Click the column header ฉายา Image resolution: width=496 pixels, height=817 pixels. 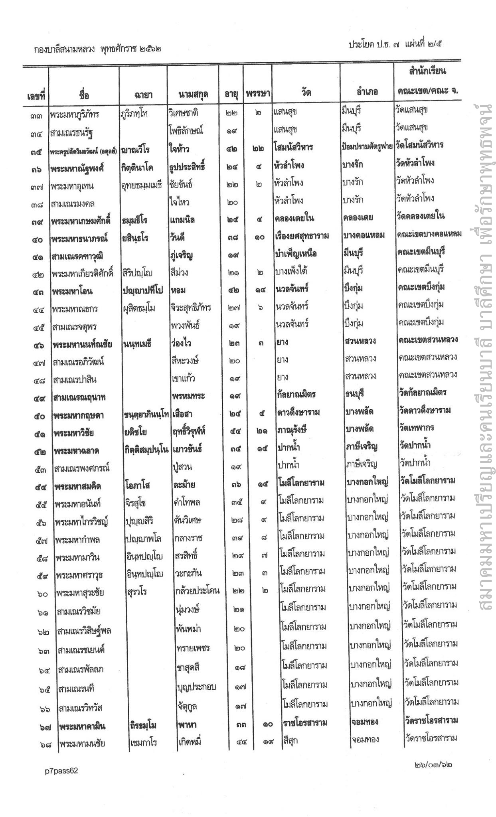click(x=143, y=95)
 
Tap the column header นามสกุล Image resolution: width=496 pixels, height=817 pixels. click(x=193, y=94)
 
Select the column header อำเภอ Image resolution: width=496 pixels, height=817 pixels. click(x=367, y=93)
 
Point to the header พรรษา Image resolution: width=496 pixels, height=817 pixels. click(x=257, y=94)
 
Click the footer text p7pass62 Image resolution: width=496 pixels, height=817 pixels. click(x=61, y=771)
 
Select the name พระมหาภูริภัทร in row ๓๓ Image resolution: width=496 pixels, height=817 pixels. click(x=75, y=115)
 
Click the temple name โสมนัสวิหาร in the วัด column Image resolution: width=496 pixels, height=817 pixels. click(x=293, y=147)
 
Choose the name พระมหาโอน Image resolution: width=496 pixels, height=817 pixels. click(x=72, y=291)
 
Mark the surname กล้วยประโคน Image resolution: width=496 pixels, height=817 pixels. click(x=197, y=590)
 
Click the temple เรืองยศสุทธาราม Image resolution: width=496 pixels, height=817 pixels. click(x=302, y=236)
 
